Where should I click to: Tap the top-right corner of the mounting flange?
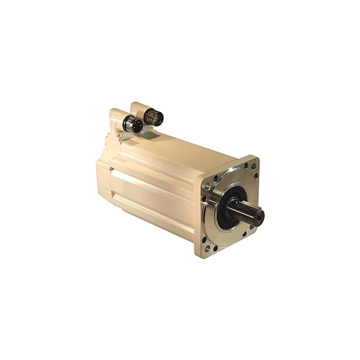click(x=254, y=160)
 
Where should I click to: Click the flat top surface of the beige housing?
click(x=174, y=150)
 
